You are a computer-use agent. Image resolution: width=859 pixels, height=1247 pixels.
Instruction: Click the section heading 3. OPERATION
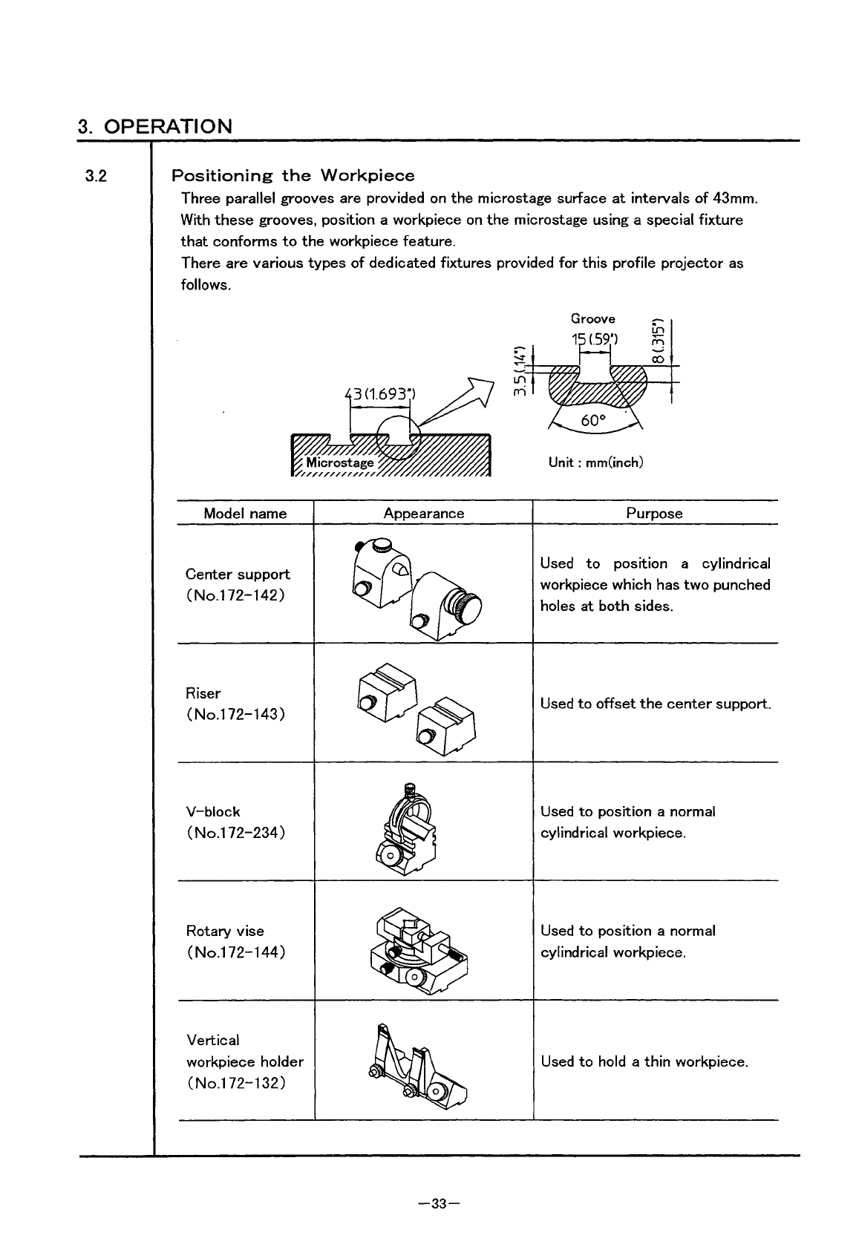click(155, 125)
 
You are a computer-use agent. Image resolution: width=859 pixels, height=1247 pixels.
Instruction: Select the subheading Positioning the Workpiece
click(293, 176)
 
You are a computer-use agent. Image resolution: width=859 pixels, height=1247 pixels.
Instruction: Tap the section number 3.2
click(96, 177)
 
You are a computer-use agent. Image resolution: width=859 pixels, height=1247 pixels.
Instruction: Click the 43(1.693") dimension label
click(379, 393)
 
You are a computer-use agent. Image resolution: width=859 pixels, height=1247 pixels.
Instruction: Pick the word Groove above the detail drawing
click(592, 319)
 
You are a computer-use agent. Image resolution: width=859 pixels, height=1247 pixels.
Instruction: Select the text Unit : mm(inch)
click(595, 462)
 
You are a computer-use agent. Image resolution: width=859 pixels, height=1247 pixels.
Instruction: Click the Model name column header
click(245, 514)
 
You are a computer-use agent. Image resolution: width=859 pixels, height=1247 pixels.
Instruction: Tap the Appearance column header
click(423, 514)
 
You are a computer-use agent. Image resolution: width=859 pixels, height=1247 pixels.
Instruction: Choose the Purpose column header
click(654, 514)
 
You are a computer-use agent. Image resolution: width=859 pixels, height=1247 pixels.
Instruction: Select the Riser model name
click(203, 693)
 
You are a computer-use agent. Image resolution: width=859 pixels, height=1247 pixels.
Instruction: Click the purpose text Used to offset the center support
click(656, 704)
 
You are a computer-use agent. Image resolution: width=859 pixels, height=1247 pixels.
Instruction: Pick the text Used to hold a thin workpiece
click(644, 1061)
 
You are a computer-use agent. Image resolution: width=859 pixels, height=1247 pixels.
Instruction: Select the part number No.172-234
click(235, 833)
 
